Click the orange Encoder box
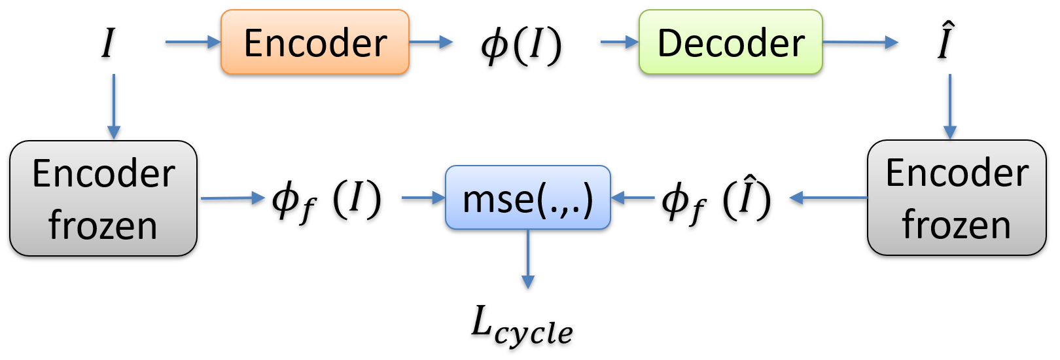coord(315,42)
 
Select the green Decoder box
coord(730,42)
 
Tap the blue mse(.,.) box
coord(527,197)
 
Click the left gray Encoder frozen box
coord(103,198)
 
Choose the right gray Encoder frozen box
coord(956,197)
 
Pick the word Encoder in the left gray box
coord(103,173)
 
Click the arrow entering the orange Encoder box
coord(193,42)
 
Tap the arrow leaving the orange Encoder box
coord(431,42)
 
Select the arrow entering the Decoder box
coord(619,42)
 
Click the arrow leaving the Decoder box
coord(860,42)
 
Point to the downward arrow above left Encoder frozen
coord(114,106)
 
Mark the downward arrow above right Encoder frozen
coord(949,106)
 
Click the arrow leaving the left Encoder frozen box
coord(232,197)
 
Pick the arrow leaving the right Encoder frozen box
coord(828,197)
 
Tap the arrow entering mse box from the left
coord(423,197)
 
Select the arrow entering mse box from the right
coord(633,197)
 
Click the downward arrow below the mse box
coord(527,259)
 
